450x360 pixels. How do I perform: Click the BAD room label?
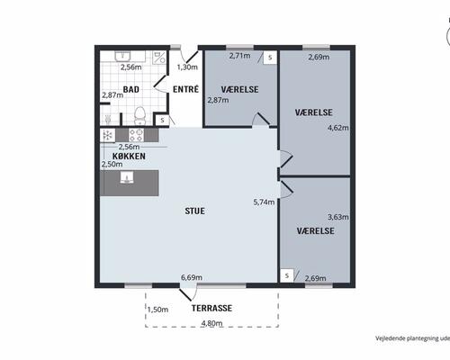point(131,89)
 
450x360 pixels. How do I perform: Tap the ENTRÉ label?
point(185,89)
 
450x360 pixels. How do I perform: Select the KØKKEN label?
point(129,156)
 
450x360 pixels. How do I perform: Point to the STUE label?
point(195,211)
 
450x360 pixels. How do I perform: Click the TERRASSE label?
point(211,308)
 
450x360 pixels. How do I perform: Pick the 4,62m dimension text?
point(338,128)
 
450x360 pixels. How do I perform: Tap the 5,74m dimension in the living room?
point(264,202)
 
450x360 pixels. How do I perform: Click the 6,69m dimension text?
point(192,277)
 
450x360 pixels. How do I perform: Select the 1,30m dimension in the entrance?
point(187,67)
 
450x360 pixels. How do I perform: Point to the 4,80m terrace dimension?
point(211,323)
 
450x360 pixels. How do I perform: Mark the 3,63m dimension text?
point(338,217)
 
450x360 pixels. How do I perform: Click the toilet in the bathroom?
point(139,115)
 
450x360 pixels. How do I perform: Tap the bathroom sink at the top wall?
point(122,56)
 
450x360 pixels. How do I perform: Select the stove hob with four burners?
point(136,135)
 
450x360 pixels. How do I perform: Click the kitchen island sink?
point(127,177)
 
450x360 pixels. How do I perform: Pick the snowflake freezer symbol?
point(107,135)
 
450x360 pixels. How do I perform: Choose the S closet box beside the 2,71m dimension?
point(270,58)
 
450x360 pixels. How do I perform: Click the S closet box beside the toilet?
point(162,121)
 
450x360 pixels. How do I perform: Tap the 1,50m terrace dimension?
point(157,310)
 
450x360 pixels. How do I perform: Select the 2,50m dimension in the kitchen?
point(112,164)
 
